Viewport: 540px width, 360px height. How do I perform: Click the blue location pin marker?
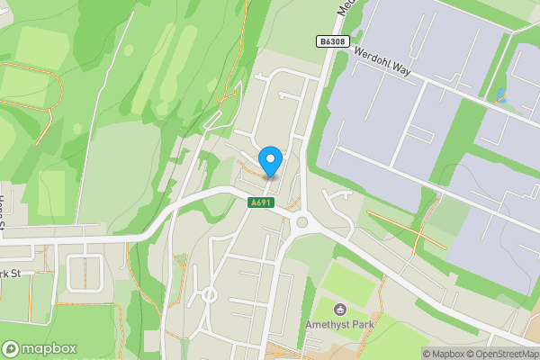(x=270, y=162)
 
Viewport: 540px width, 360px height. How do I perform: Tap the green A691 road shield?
(x=261, y=203)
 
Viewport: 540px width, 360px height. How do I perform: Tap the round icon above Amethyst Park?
(x=340, y=310)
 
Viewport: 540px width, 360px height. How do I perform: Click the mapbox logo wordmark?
(x=49, y=348)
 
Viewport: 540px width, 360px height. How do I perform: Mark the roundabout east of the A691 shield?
(x=301, y=222)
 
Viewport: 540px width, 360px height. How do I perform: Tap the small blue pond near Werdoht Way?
(x=500, y=94)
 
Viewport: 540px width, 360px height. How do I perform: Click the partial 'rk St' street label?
(x=11, y=274)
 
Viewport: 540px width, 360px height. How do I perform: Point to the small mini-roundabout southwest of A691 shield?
(x=209, y=293)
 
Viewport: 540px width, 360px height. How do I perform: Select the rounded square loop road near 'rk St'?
(x=83, y=273)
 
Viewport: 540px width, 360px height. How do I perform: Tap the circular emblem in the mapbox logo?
(x=12, y=348)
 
